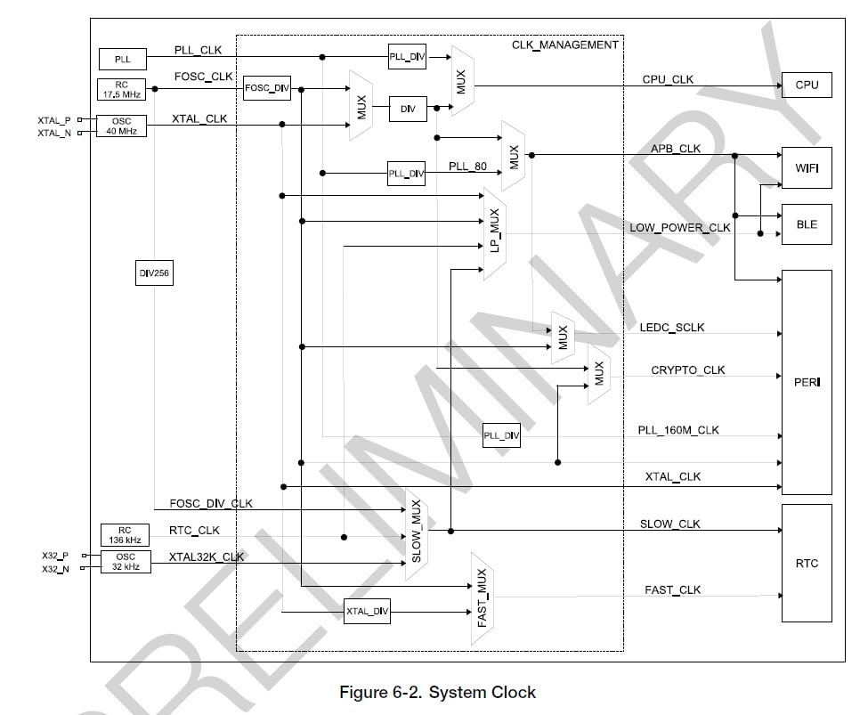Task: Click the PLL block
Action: pyautogui.click(x=122, y=60)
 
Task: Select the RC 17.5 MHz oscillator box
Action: pyautogui.click(x=122, y=90)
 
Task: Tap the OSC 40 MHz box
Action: pyautogui.click(x=122, y=126)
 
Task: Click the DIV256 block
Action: pyautogui.click(x=154, y=274)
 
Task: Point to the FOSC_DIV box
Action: pyautogui.click(x=267, y=88)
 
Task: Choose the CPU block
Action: pyautogui.click(x=807, y=85)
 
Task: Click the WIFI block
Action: pyautogui.click(x=807, y=167)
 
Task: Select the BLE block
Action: pyautogui.click(x=807, y=225)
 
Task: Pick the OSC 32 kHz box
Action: pyautogui.click(x=126, y=561)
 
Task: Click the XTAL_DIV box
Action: pyautogui.click(x=368, y=611)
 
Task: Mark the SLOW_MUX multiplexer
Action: pyautogui.click(x=417, y=535)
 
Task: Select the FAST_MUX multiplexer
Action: pyautogui.click(x=483, y=598)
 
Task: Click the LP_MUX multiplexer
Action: pyautogui.click(x=495, y=233)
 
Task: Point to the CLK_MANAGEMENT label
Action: pyautogui.click(x=564, y=45)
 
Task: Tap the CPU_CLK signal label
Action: pyautogui.click(x=668, y=79)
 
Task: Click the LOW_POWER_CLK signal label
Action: pyautogui.click(x=680, y=227)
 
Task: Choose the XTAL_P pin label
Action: pyautogui.click(x=53, y=119)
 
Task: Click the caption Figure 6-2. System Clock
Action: pyautogui.click(x=438, y=692)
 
